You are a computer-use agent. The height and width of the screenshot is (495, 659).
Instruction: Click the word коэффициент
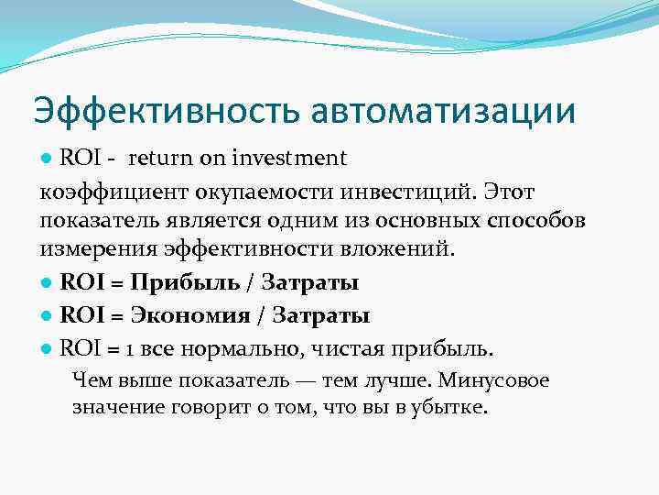pyautogui.click(x=105, y=192)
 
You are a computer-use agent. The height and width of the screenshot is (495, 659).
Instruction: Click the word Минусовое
pyautogui.click(x=502, y=380)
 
